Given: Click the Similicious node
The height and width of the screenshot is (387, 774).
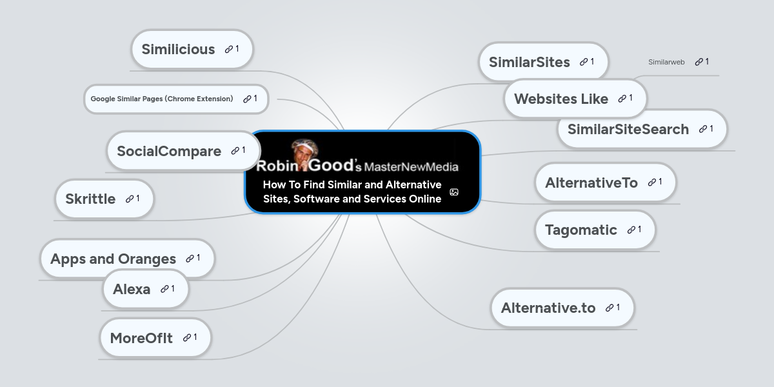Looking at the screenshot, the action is pos(192,49).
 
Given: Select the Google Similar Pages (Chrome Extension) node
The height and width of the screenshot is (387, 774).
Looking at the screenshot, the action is pos(176,99).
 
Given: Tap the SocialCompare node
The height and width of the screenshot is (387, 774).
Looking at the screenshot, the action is pos(183,151).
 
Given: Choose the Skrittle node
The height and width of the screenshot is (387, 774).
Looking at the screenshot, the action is pos(104,199).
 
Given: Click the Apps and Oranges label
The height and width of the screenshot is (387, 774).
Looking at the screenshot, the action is pos(113,259).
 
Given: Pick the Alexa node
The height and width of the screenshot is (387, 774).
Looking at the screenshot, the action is pos(146,289).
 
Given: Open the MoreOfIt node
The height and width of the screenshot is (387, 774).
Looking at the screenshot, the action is pos(155,337).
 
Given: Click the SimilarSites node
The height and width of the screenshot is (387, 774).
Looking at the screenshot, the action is pos(543,62).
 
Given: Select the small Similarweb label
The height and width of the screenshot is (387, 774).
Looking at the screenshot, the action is pos(666,62).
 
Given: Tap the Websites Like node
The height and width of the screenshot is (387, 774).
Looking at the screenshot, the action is pos(575,99).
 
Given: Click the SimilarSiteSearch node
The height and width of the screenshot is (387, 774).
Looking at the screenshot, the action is pos(642,129).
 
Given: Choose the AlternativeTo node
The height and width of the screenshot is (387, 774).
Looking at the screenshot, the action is pos(606,183).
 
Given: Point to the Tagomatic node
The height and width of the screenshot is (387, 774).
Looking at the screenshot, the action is pos(595,230).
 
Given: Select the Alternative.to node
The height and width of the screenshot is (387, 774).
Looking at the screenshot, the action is pos(562,308).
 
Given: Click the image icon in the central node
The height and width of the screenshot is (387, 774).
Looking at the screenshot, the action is pos(454,192).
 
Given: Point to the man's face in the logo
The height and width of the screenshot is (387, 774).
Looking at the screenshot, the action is pos(303,153).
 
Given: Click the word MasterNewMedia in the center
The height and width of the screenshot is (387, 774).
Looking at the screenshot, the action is pos(412,167).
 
